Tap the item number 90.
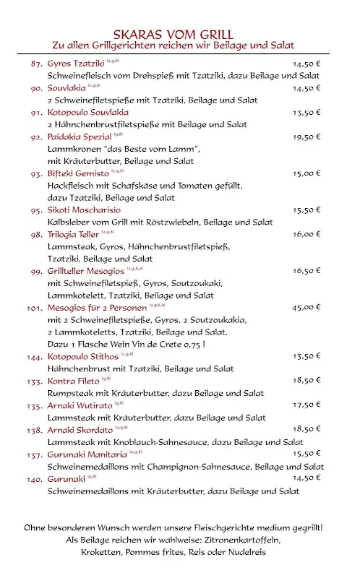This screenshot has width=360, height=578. [36, 88]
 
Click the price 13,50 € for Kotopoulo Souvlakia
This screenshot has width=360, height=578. [307, 113]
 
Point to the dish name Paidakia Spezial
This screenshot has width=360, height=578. [80, 137]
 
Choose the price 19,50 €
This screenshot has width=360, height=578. [307, 137]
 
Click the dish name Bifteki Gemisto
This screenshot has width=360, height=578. [78, 173]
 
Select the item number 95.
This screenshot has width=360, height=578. [36, 210]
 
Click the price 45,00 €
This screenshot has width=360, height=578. [307, 307]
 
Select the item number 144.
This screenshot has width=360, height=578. [35, 356]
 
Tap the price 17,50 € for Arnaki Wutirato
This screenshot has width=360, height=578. [307, 405]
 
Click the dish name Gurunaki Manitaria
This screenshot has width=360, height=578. [87, 454]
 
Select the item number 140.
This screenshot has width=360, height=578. [35, 478]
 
